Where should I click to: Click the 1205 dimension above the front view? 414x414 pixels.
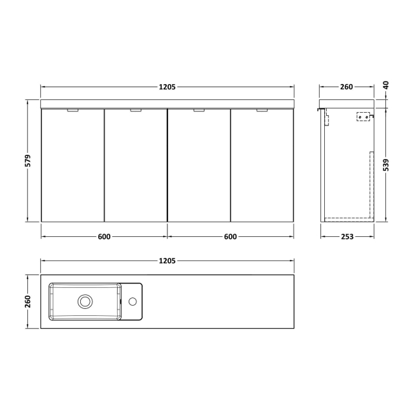pos(167,87)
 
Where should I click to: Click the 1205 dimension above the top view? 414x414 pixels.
pos(167,261)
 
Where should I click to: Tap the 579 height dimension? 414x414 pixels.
pos(28,161)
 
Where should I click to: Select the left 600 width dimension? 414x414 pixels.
pos(104,237)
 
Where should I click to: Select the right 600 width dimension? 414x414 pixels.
pos(230,237)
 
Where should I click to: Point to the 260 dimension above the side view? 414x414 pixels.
pos(346,87)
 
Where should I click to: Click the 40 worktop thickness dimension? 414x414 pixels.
pos(386,85)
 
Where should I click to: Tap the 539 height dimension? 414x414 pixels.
pos(386,165)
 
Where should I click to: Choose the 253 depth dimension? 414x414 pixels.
pos(347,237)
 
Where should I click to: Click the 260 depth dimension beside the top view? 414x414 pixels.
pos(28,301)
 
